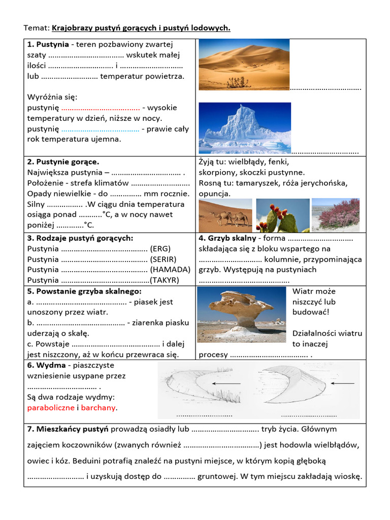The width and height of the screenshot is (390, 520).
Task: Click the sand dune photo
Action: click(x=244, y=64)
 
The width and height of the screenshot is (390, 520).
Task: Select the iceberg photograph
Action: click(x=244, y=128)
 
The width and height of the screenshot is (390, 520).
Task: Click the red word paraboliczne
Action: click(x=50, y=408)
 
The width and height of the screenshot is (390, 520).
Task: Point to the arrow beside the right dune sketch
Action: click(x=346, y=383)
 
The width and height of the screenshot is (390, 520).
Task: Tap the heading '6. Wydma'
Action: click(x=46, y=365)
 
